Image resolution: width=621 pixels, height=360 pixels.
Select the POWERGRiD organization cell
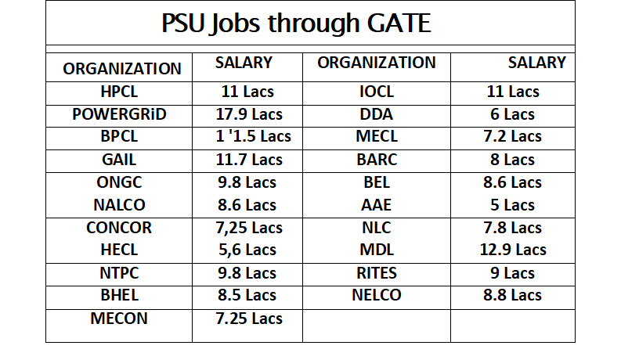[x=119, y=114]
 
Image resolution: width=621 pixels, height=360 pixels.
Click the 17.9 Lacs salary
[x=247, y=114]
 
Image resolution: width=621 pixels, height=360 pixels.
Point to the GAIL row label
[x=119, y=160]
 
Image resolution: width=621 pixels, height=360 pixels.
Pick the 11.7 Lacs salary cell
[x=247, y=160]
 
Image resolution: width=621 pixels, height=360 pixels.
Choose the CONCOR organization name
[x=119, y=228]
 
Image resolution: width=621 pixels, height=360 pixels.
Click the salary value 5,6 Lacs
[x=247, y=250]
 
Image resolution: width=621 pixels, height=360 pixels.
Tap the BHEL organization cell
[x=119, y=296]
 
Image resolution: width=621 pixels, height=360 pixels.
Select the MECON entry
[x=119, y=319]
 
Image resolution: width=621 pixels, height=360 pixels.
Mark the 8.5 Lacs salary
[x=247, y=296]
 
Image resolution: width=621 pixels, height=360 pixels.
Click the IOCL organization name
[x=377, y=92]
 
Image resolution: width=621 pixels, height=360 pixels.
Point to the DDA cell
[x=377, y=114]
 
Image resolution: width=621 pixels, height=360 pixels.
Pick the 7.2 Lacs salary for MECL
[x=513, y=137]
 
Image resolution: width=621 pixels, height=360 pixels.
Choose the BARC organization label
[x=377, y=160]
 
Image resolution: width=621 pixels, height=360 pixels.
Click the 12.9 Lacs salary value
[x=513, y=250]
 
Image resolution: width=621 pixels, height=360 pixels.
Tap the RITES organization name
[x=377, y=273]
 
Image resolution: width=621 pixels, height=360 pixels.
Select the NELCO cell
[x=377, y=296]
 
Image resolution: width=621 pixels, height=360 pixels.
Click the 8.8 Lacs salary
[x=513, y=296]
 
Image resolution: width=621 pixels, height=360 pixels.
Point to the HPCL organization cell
[x=119, y=92]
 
